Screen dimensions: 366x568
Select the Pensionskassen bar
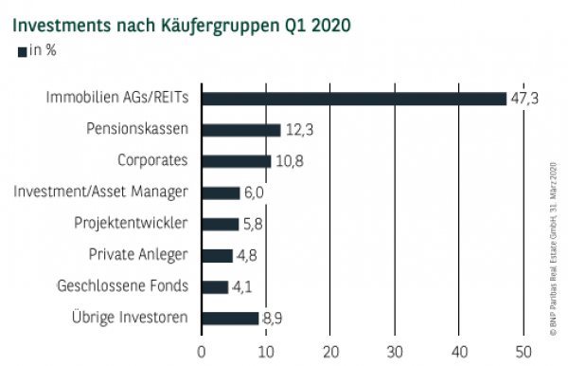point(240,129)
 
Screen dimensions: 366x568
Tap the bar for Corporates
point(236,160)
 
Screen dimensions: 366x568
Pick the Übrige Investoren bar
point(230,318)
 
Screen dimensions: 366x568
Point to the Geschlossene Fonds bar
point(215,286)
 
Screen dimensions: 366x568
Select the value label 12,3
point(298,130)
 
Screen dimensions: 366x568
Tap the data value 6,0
point(256,192)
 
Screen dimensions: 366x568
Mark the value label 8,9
point(274,319)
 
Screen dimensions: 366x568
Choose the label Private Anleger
point(139,255)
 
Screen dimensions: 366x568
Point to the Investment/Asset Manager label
point(101,192)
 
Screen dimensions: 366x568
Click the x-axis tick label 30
point(394,353)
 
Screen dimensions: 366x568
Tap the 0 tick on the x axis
point(202,353)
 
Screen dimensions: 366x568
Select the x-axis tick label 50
point(523,353)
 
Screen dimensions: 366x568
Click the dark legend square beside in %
point(23,51)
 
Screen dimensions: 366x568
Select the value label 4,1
point(243,287)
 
